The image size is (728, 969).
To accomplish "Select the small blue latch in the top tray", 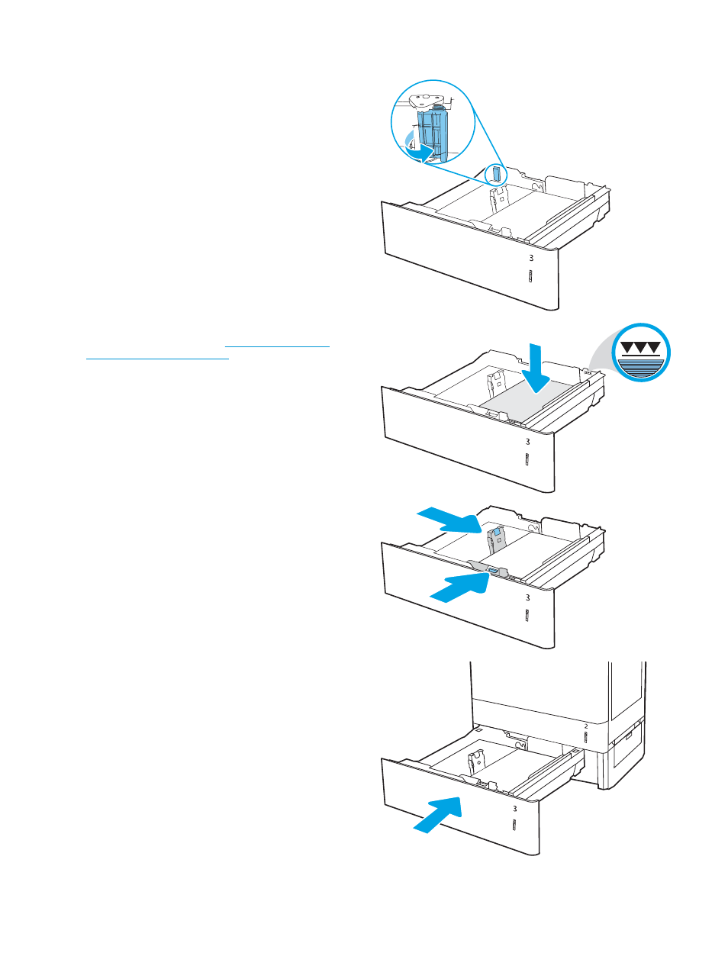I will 496,173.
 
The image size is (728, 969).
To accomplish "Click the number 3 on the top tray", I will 531,259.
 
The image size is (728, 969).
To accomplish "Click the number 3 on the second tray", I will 527,442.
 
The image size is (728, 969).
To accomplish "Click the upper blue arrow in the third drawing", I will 449,522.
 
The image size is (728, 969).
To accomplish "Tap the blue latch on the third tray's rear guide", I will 497,530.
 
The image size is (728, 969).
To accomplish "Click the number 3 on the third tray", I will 527,598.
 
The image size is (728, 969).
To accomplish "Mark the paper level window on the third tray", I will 527,616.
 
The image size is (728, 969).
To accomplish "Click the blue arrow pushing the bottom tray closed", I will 439,814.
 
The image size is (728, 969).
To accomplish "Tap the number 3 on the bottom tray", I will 514,809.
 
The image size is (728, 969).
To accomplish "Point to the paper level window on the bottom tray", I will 514,827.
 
